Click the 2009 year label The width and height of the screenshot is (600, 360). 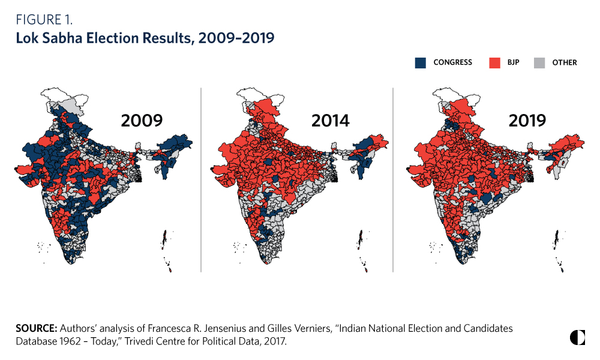tap(142, 121)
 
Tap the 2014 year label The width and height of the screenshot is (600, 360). tap(330, 121)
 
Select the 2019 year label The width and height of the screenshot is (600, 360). tap(527, 121)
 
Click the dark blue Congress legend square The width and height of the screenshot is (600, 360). tap(421, 62)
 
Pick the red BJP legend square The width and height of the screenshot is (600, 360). tap(495, 62)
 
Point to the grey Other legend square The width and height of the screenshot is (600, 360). tap(540, 62)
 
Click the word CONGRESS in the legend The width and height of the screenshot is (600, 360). tap(452, 62)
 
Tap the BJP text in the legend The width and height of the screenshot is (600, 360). tap(514, 62)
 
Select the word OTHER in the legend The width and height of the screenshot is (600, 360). tap(565, 62)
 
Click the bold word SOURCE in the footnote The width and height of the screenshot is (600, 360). tap(37, 329)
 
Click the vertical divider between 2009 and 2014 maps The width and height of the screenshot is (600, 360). tap(200, 180)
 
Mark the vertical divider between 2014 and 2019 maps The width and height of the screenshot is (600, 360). tap(393, 180)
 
